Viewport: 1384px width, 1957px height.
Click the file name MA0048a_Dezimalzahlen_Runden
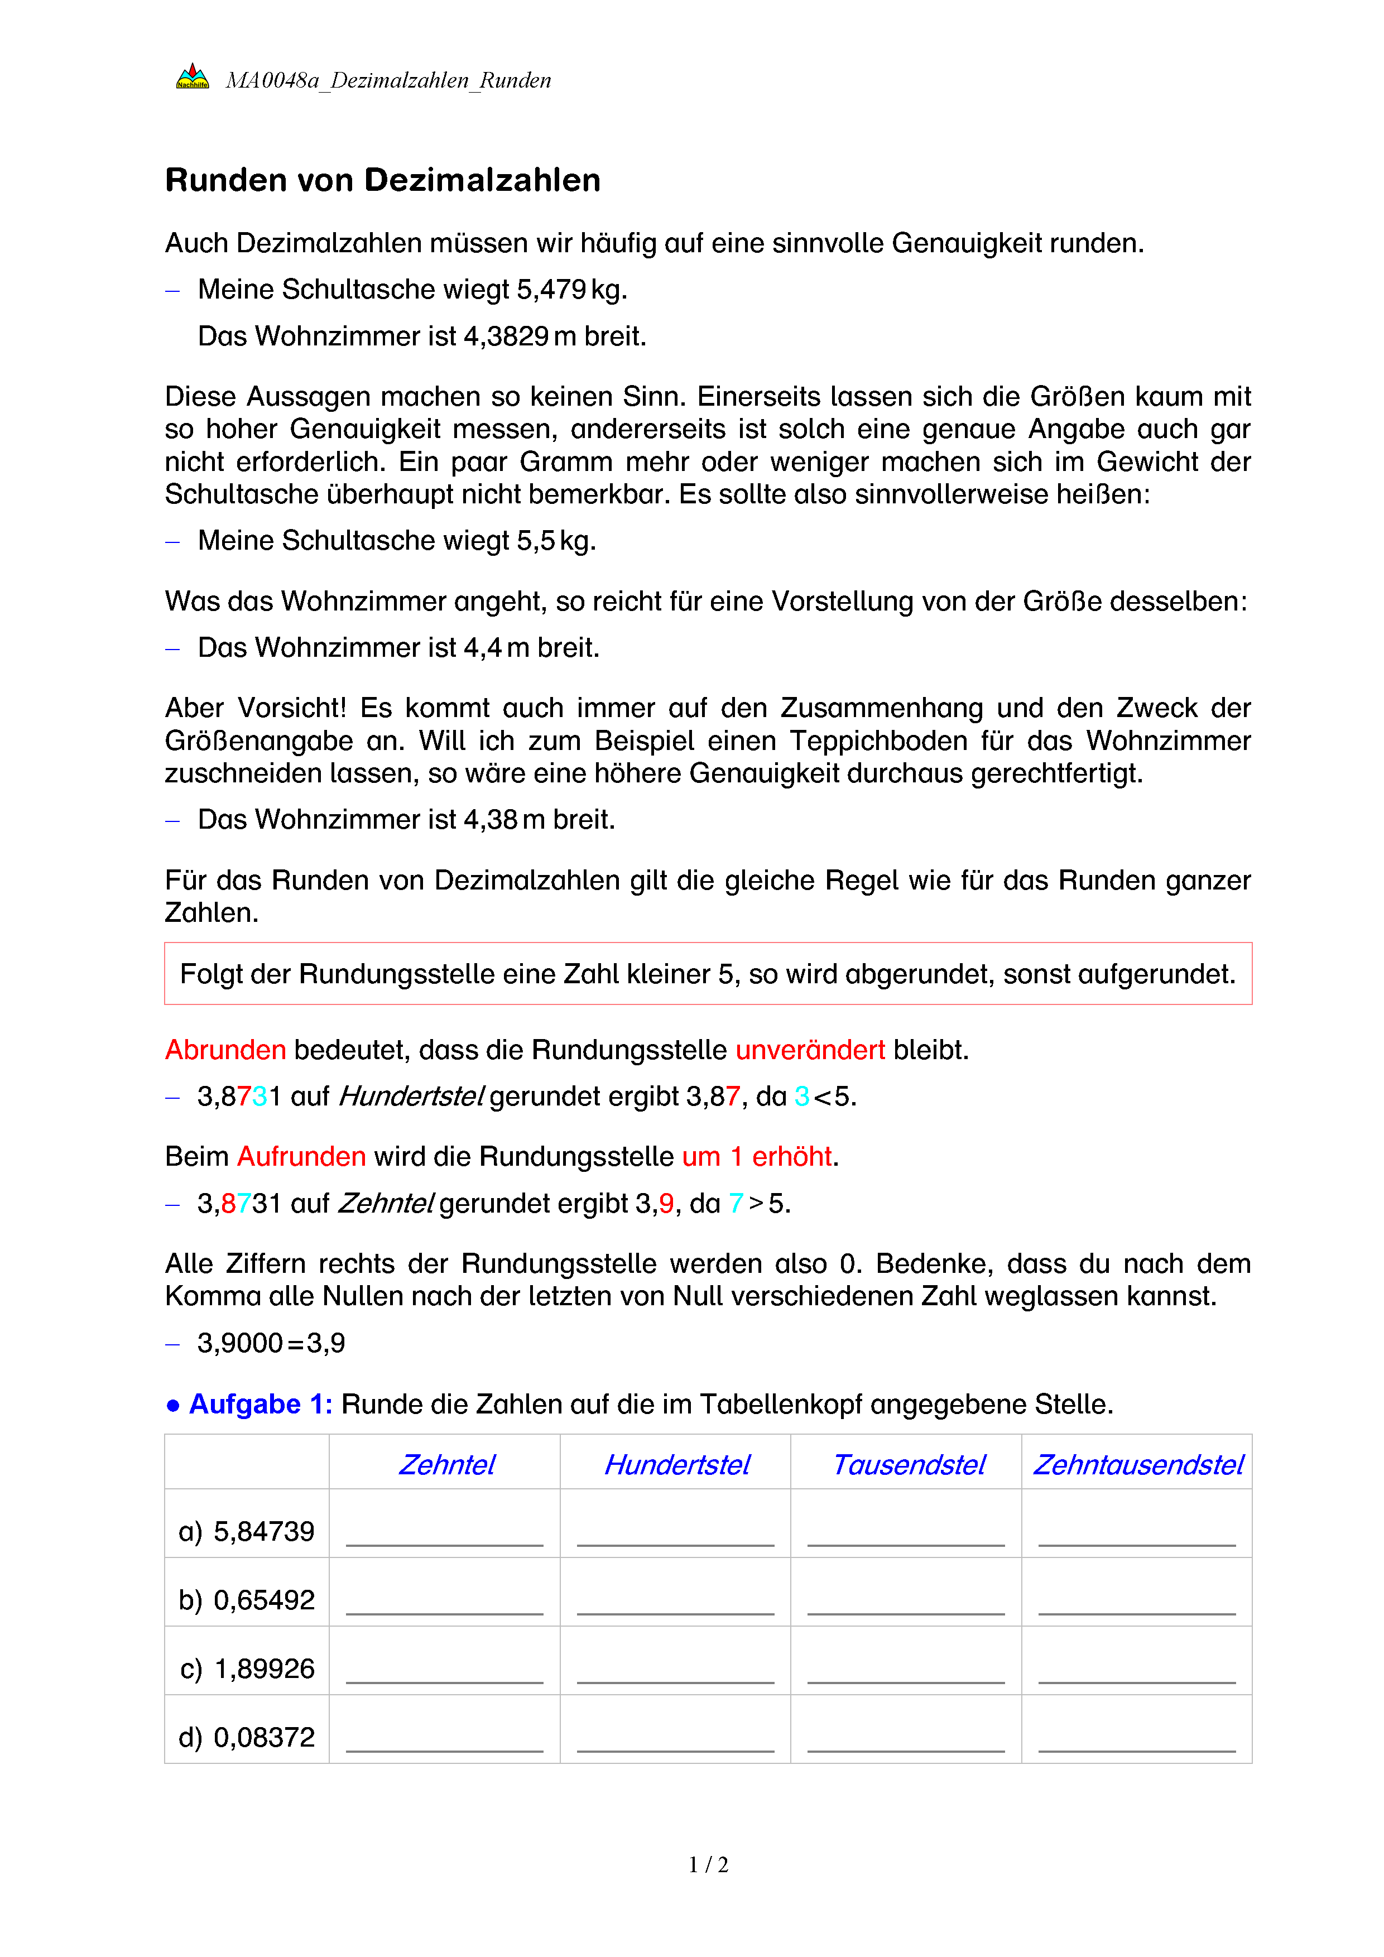click(388, 81)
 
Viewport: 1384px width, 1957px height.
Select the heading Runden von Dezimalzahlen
click(383, 181)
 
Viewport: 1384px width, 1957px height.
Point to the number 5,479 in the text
click(551, 290)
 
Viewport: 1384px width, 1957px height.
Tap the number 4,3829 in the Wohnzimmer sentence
click(506, 336)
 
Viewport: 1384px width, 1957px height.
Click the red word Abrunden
click(225, 1050)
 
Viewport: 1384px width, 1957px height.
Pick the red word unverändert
click(810, 1050)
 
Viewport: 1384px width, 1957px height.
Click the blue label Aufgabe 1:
click(260, 1404)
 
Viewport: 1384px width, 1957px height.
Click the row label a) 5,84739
click(246, 1532)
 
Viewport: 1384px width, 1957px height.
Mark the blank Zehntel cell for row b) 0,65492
click(444, 1594)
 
